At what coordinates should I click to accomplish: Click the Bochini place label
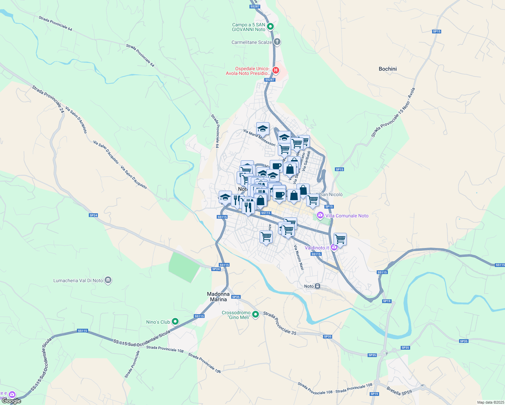pos(388,69)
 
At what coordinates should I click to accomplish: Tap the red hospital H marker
pos(276,70)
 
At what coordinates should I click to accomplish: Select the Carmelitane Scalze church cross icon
pos(277,42)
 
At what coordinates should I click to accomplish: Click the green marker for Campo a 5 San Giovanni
pos(270,26)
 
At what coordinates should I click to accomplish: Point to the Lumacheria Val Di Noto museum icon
pos(108,280)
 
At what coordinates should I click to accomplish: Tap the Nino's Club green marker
pos(175,322)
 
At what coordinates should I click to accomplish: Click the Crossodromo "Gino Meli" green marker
pos(256,315)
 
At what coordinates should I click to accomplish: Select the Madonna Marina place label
pos(218,297)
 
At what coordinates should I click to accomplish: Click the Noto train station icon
pos(317,286)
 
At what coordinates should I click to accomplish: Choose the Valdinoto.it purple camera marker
pos(334,248)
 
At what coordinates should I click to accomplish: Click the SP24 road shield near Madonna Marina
pos(216,269)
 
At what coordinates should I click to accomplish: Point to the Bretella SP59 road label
pos(399,391)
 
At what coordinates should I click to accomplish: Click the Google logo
pos(11,401)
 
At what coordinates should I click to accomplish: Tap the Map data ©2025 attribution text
pos(490,402)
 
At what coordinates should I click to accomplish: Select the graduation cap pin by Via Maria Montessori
pos(263,129)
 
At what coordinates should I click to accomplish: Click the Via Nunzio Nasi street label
pos(299,258)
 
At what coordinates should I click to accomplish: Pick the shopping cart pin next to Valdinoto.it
pos(340,239)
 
